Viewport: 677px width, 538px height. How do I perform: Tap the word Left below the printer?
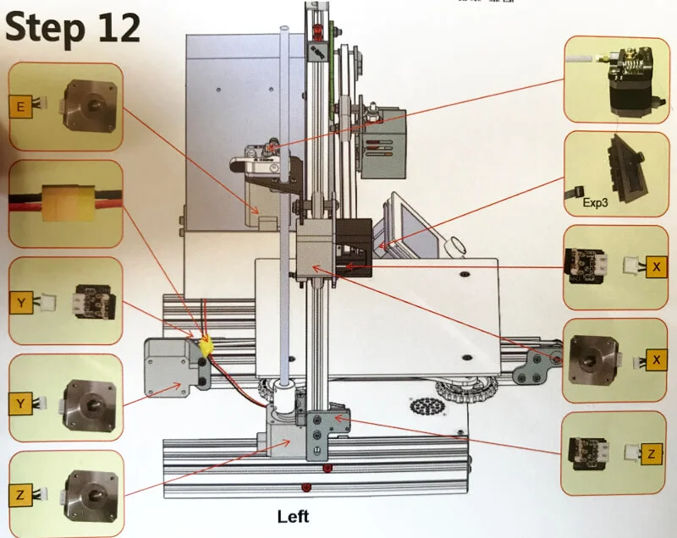[293, 516]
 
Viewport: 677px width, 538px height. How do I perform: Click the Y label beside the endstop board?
[22, 301]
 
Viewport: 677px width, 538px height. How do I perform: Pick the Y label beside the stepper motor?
[22, 404]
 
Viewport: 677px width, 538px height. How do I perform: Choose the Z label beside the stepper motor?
[22, 493]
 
